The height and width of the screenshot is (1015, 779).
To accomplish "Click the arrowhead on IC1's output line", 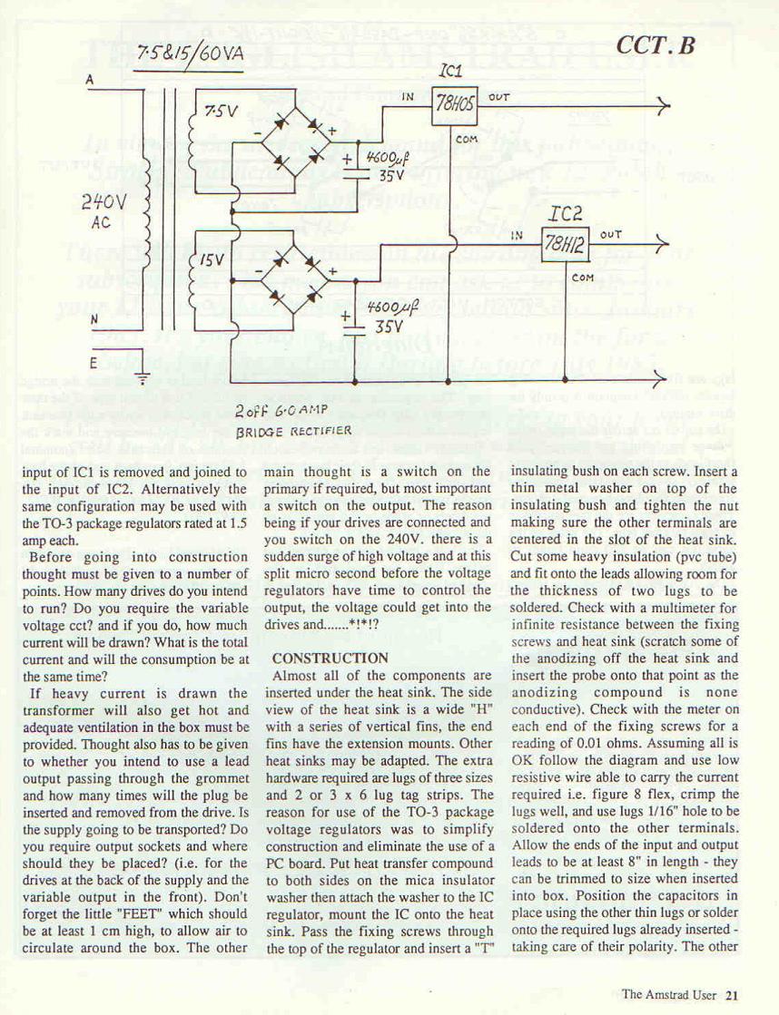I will pyautogui.click(x=665, y=107).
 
